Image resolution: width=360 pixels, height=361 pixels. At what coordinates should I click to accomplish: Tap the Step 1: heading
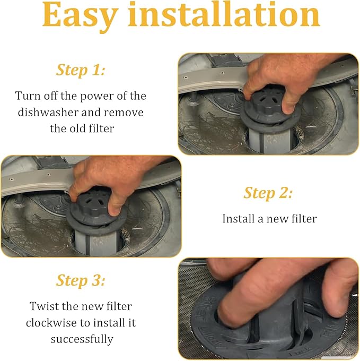click(81, 70)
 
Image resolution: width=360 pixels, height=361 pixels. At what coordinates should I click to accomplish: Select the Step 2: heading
click(268, 193)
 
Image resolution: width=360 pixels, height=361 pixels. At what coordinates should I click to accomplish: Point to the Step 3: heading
click(81, 281)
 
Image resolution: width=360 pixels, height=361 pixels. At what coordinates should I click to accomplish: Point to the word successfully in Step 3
click(82, 339)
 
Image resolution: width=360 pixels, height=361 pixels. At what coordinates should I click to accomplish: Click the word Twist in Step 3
click(44, 306)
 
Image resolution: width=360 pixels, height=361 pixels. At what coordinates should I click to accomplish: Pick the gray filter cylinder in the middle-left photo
click(97, 243)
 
